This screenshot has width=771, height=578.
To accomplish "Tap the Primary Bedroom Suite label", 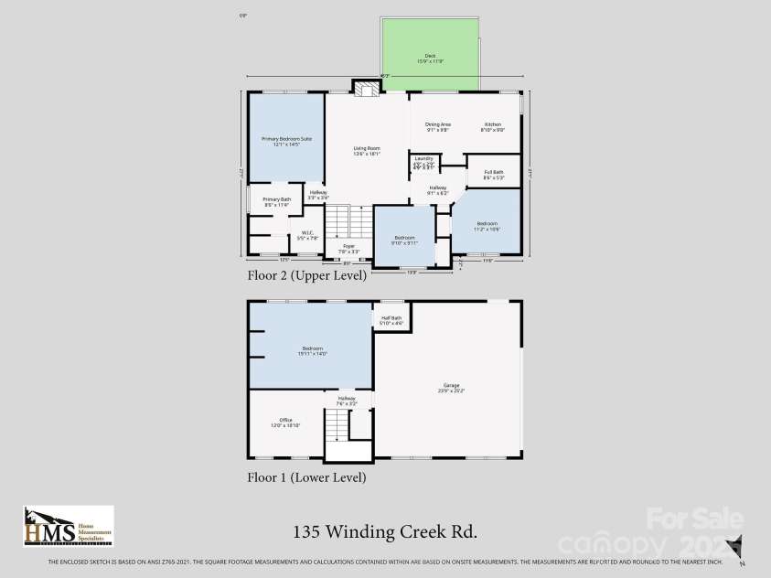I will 287,141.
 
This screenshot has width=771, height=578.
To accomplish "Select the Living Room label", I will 367,151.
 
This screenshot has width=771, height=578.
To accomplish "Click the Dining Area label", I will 438,126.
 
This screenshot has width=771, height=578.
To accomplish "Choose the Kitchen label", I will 493,126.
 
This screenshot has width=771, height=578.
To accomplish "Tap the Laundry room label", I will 423,161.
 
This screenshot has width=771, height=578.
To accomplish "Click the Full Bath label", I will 493,174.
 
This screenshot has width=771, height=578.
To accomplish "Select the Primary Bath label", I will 277,201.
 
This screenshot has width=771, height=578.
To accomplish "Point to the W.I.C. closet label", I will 308,234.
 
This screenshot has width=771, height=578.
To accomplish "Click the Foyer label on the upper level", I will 348,248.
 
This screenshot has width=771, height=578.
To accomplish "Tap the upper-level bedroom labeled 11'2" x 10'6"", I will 487,226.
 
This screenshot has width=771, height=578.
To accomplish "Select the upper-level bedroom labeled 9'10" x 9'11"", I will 404,240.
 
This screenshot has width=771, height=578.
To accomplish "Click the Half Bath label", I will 391,320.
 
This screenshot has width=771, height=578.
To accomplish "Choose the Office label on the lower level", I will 285,423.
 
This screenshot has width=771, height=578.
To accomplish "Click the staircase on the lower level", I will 337,424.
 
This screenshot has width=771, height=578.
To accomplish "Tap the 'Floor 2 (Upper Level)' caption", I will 306,274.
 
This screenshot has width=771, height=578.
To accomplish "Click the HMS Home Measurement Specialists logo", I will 69,526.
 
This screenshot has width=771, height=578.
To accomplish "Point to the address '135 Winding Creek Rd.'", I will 385,531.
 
